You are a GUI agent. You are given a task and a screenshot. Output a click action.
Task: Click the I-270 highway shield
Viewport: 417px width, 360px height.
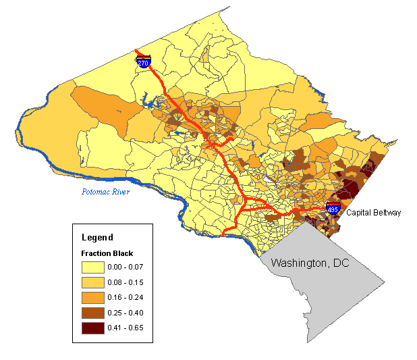point(143,62)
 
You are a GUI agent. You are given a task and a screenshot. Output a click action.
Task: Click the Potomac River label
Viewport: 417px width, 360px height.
point(102,192)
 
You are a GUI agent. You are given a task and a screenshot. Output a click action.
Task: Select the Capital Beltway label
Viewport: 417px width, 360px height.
point(373,213)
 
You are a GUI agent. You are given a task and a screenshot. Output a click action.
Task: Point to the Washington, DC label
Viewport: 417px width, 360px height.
point(310,263)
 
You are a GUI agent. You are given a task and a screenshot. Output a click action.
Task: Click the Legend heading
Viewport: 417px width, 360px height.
point(97,238)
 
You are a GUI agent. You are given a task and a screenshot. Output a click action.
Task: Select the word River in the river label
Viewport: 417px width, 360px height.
point(117,192)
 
